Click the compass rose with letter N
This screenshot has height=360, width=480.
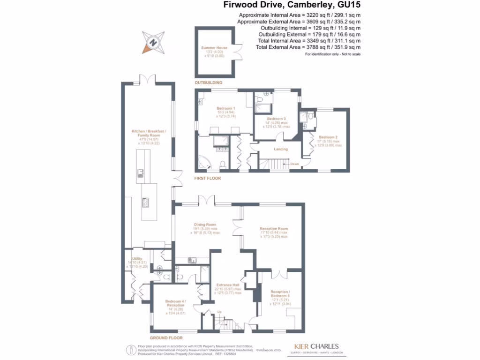click(x=153, y=43)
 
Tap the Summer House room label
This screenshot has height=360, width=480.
click(x=214, y=48)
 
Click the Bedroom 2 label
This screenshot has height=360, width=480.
click(x=327, y=137)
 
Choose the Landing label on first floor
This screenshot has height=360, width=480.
click(x=281, y=150)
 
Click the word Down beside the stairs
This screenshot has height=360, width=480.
click(x=294, y=164)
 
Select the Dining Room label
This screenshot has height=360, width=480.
click(x=205, y=225)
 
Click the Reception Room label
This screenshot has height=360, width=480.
click(x=274, y=229)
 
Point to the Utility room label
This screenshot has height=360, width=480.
click(x=137, y=259)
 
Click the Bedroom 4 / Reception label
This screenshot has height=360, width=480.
click(x=176, y=301)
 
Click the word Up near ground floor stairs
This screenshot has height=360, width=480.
click(x=218, y=313)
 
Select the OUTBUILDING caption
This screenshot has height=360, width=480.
click(x=209, y=82)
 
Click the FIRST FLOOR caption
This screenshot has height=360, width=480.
click(x=208, y=179)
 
